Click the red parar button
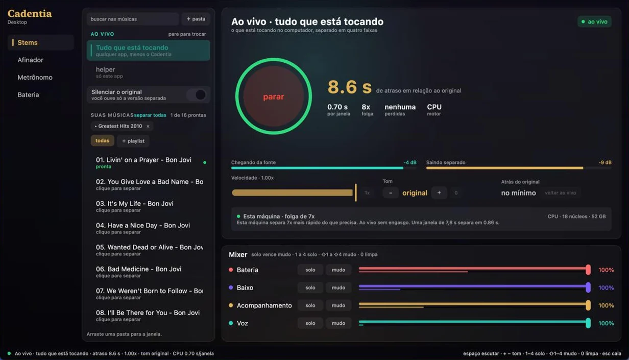(274, 97)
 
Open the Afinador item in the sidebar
(30, 60)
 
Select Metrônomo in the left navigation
(35, 77)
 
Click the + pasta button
(196, 19)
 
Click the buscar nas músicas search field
(133, 19)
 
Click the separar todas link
(150, 115)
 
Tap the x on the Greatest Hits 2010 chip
(148, 126)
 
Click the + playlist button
(133, 141)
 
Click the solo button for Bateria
(310, 270)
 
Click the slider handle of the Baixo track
(588, 287)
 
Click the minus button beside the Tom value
(391, 193)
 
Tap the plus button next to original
(439, 193)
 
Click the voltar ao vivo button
(561, 193)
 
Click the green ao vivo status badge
(594, 21)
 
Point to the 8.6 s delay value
(350, 87)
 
